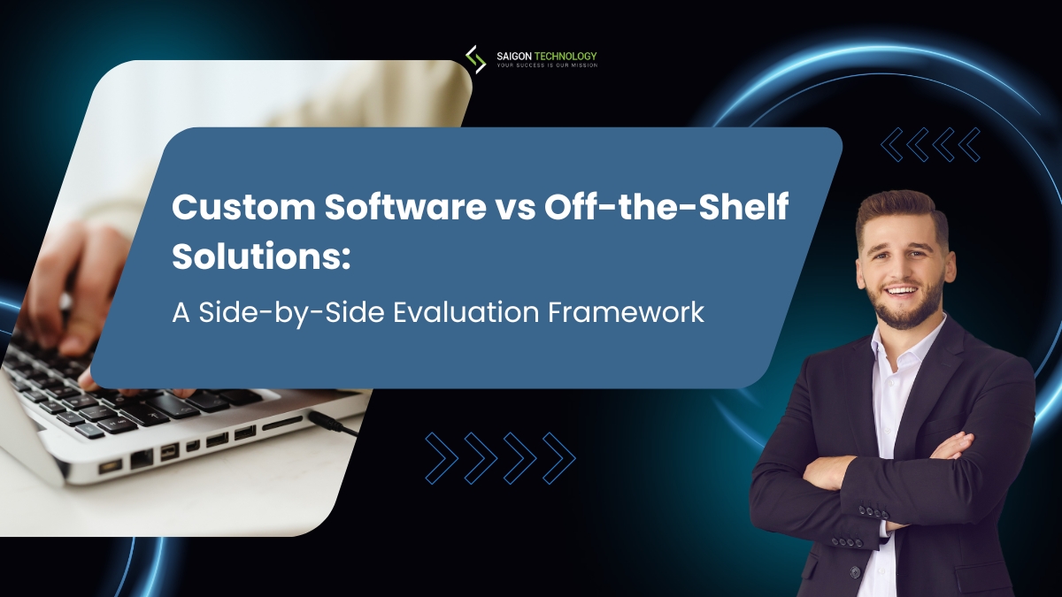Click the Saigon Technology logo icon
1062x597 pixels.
tap(475, 58)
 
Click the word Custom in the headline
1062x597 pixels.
tap(225, 210)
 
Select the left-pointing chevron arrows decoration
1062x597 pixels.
tap(930, 144)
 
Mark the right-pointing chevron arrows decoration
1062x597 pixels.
tap(500, 457)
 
